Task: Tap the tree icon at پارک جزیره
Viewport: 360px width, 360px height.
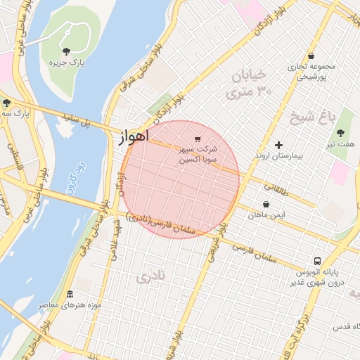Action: (x=66, y=51)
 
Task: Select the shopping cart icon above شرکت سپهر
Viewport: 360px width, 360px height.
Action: (x=197, y=139)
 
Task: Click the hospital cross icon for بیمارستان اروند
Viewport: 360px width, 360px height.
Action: (x=279, y=144)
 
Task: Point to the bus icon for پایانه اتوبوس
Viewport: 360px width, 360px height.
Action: (x=318, y=261)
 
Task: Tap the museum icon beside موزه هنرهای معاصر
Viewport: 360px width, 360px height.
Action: (x=69, y=294)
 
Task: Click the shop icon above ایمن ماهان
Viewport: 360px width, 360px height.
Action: (x=266, y=205)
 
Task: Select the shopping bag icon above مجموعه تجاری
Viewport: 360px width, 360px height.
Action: (x=311, y=56)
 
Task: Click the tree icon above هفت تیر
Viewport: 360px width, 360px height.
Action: (x=340, y=133)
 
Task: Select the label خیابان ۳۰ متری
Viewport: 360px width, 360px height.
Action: (x=248, y=83)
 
